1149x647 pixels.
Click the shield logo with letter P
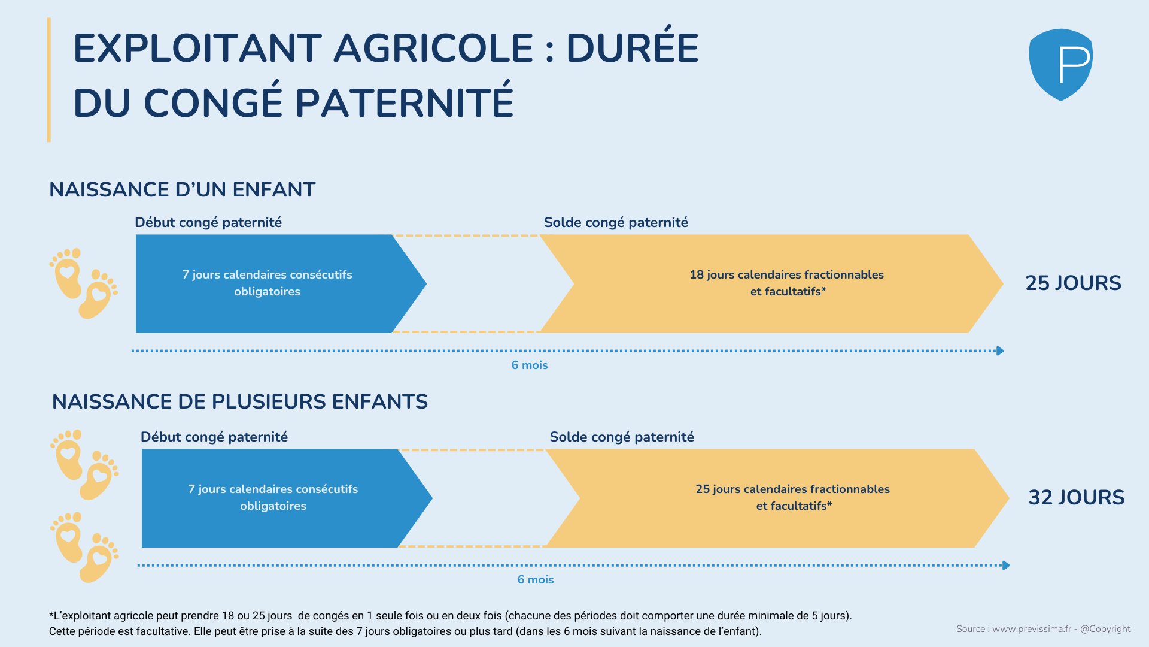tap(1060, 65)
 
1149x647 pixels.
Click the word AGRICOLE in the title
tap(433, 48)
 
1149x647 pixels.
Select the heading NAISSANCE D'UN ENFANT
tap(182, 189)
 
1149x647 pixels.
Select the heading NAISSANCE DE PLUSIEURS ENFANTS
tap(240, 401)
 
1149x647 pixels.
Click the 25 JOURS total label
tap(1073, 283)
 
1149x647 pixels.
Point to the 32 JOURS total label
tap(1076, 497)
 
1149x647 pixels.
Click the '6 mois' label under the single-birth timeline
tap(530, 365)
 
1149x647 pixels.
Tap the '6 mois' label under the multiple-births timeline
tap(536, 579)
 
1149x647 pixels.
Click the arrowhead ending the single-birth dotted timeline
tap(1000, 350)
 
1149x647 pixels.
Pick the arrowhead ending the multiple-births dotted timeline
tap(1006, 565)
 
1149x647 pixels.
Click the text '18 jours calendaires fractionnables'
tap(786, 274)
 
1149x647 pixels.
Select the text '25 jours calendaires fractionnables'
tap(792, 489)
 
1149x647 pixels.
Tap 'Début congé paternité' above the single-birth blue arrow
tap(208, 222)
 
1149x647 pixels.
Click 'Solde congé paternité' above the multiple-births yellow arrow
tap(622, 437)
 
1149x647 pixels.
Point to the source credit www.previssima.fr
tap(1032, 629)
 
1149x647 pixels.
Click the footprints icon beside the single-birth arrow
tap(83, 283)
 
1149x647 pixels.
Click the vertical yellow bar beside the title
tap(49, 80)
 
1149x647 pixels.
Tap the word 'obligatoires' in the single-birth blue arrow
tap(267, 292)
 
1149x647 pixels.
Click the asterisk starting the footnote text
tap(51, 613)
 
